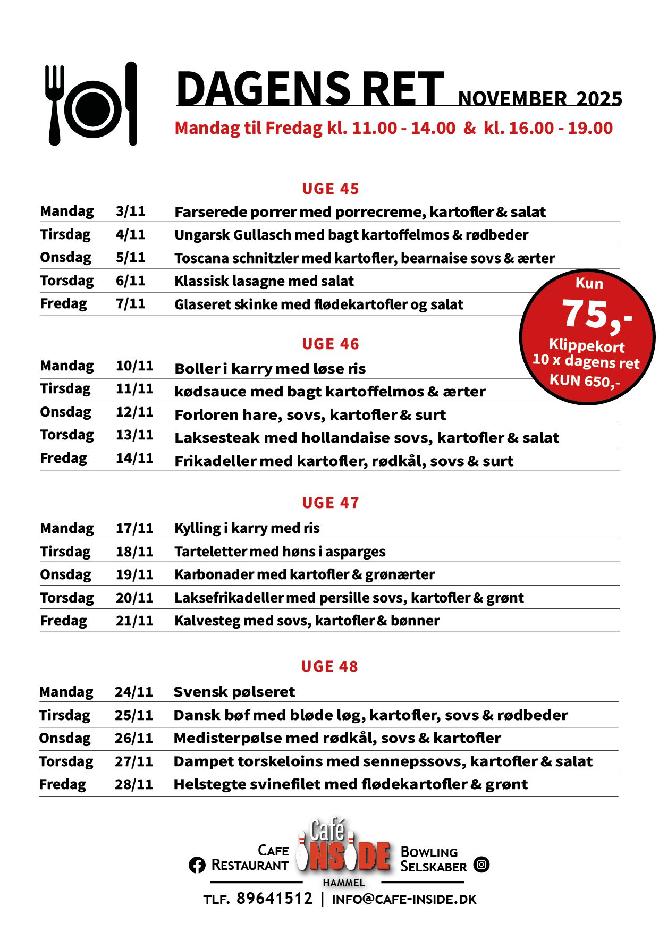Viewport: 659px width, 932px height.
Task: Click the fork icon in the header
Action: pyautogui.click(x=54, y=105)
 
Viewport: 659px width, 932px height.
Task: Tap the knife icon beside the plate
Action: pyautogui.click(x=131, y=104)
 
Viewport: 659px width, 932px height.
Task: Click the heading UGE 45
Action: pyautogui.click(x=330, y=189)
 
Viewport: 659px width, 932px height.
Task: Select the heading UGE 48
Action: pyautogui.click(x=329, y=666)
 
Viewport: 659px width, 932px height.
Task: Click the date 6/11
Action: pyautogui.click(x=130, y=281)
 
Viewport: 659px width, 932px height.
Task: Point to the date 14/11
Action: pyautogui.click(x=134, y=458)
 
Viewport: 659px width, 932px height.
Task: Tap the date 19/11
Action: pyautogui.click(x=134, y=574)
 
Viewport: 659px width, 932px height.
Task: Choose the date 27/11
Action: pyautogui.click(x=133, y=761)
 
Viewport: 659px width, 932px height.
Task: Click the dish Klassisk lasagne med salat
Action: pyautogui.click(x=264, y=281)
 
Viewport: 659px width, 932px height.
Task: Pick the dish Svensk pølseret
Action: pyautogui.click(x=234, y=692)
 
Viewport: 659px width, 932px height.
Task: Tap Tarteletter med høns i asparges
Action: pyautogui.click(x=280, y=552)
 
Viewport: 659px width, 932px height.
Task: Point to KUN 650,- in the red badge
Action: pyautogui.click(x=585, y=380)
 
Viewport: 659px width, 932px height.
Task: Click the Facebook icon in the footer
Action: pyautogui.click(x=197, y=865)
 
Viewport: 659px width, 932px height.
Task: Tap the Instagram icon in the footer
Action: pyautogui.click(x=481, y=865)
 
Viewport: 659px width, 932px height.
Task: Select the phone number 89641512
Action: pyautogui.click(x=274, y=899)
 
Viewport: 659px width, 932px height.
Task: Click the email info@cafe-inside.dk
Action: pyautogui.click(x=404, y=899)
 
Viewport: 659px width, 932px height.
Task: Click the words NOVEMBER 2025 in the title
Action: pyautogui.click(x=539, y=99)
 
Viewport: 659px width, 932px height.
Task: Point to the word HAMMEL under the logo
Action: pyautogui.click(x=344, y=883)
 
